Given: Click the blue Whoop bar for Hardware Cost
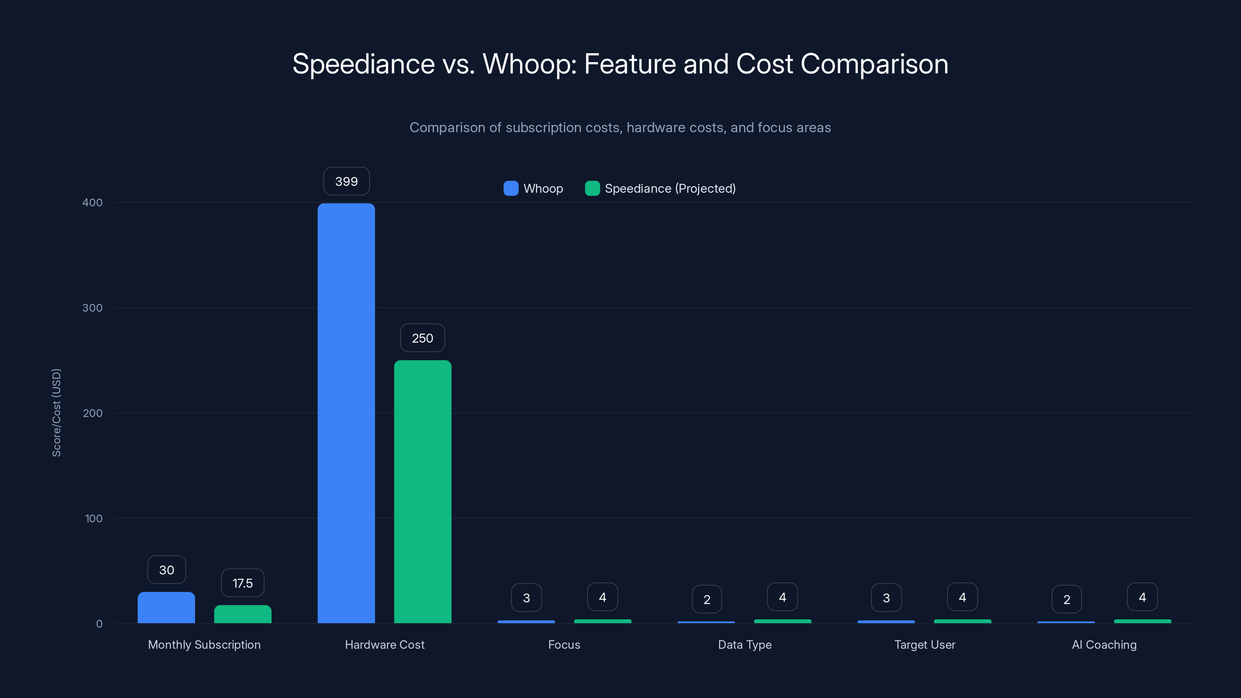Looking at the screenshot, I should [346, 413].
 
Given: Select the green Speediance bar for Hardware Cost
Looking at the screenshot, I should [422, 491].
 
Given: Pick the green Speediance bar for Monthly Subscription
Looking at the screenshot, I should [242, 614].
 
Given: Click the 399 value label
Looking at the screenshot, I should [346, 181].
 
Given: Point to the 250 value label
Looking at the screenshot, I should [422, 338].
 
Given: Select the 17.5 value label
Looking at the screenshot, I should [242, 583].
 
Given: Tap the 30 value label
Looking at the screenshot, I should [166, 570].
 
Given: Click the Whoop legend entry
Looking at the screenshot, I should [533, 188].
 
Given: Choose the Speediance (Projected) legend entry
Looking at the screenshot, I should [660, 188].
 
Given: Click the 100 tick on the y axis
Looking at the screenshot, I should [93, 518].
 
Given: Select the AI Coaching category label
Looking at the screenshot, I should [1104, 644].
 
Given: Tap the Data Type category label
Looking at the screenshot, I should [745, 644].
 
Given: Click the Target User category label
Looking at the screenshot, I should [925, 644].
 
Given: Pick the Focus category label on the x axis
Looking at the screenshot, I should [564, 644].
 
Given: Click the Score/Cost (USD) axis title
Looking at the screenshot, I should [56, 412].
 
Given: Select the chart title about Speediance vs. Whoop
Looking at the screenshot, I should [620, 64].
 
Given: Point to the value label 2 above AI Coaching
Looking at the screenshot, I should [1066, 599].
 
